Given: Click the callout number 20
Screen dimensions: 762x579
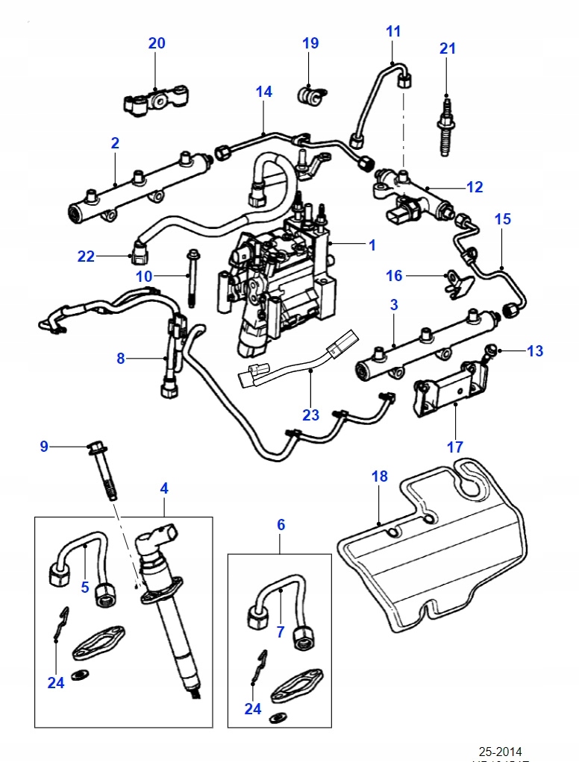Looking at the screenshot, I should (x=156, y=43).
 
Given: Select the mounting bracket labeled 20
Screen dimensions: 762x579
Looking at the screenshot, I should (x=155, y=102).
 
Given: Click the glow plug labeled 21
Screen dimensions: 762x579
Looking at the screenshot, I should (x=446, y=126).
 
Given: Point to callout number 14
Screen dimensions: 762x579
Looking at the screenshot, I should (x=263, y=92).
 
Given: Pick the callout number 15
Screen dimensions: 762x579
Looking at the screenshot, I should (x=503, y=219).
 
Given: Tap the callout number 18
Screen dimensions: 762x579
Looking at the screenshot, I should (x=379, y=476).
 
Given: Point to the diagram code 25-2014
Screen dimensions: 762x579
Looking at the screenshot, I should (x=501, y=751).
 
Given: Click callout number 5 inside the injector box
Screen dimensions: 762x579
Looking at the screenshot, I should (x=84, y=587).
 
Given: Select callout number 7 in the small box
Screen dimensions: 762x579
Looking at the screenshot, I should (x=281, y=632).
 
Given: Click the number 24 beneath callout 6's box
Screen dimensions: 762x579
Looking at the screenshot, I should (x=253, y=708).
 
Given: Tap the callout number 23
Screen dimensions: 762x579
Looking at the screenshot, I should (x=310, y=415).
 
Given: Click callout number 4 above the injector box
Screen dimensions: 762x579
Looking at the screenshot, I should (x=164, y=488).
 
